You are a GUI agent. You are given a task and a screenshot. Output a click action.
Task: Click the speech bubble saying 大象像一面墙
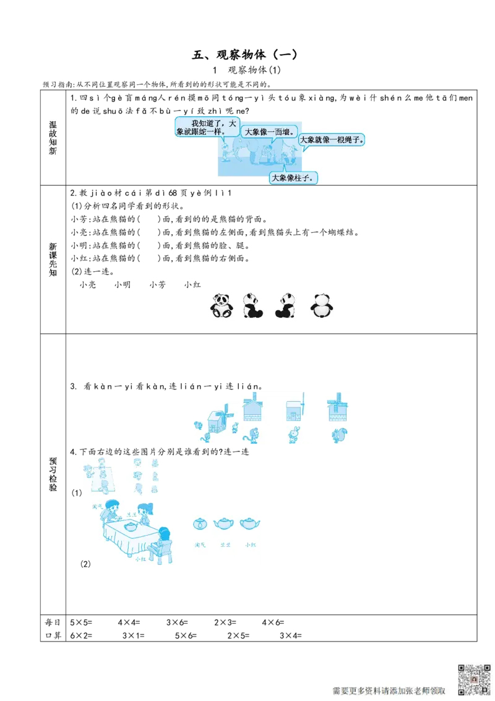point(269,132)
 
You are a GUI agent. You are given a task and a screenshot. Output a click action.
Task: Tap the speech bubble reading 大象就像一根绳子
point(332,140)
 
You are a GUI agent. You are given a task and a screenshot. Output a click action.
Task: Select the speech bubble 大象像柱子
point(293,178)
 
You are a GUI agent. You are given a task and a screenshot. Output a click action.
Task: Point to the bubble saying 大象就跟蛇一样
point(206,127)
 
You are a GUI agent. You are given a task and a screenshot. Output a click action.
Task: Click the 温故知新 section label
point(53,139)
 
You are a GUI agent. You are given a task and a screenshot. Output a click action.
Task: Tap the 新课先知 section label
point(53,261)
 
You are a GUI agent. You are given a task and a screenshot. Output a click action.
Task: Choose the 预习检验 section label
point(53,475)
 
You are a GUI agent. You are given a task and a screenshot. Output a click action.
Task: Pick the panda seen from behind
point(321,305)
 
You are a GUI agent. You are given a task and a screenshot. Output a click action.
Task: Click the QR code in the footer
point(473,679)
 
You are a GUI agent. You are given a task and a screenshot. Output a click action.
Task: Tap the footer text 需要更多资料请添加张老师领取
point(389,690)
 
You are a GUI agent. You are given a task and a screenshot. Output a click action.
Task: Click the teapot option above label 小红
point(249,523)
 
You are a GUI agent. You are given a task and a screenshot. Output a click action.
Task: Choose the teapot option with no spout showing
point(200,524)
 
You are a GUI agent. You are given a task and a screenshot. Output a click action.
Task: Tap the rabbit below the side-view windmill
point(294,435)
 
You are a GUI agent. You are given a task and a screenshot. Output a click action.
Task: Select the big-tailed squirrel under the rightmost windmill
point(339,435)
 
